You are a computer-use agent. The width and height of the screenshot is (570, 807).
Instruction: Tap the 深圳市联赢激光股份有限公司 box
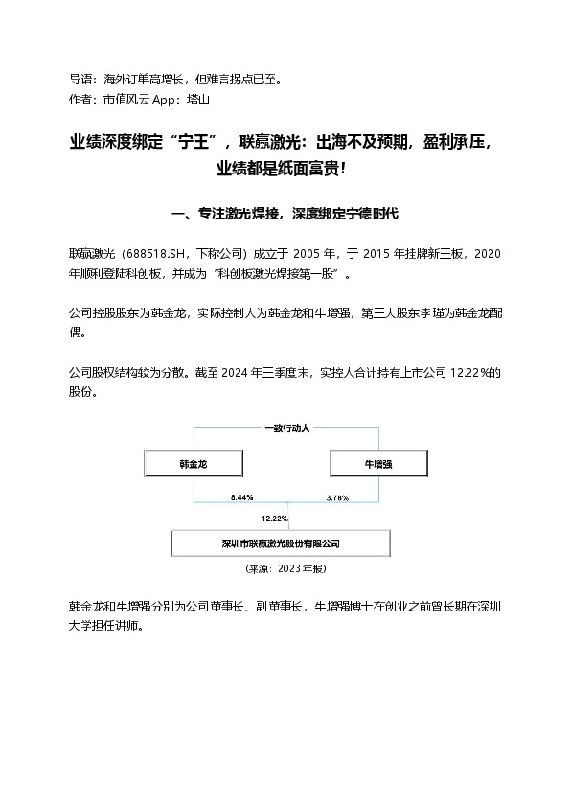(281, 542)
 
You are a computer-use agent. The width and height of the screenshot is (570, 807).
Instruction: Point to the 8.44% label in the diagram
(241, 498)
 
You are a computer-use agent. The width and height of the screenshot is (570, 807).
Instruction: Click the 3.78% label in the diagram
(337, 498)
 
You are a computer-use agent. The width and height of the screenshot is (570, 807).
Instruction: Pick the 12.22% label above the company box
(274, 519)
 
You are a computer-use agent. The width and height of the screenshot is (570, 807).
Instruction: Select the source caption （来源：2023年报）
(285, 568)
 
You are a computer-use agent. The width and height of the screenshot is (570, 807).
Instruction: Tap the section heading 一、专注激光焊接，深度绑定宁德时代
(285, 212)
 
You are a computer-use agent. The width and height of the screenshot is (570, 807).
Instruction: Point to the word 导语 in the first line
(80, 79)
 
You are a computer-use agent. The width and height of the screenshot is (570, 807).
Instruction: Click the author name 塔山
(198, 99)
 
